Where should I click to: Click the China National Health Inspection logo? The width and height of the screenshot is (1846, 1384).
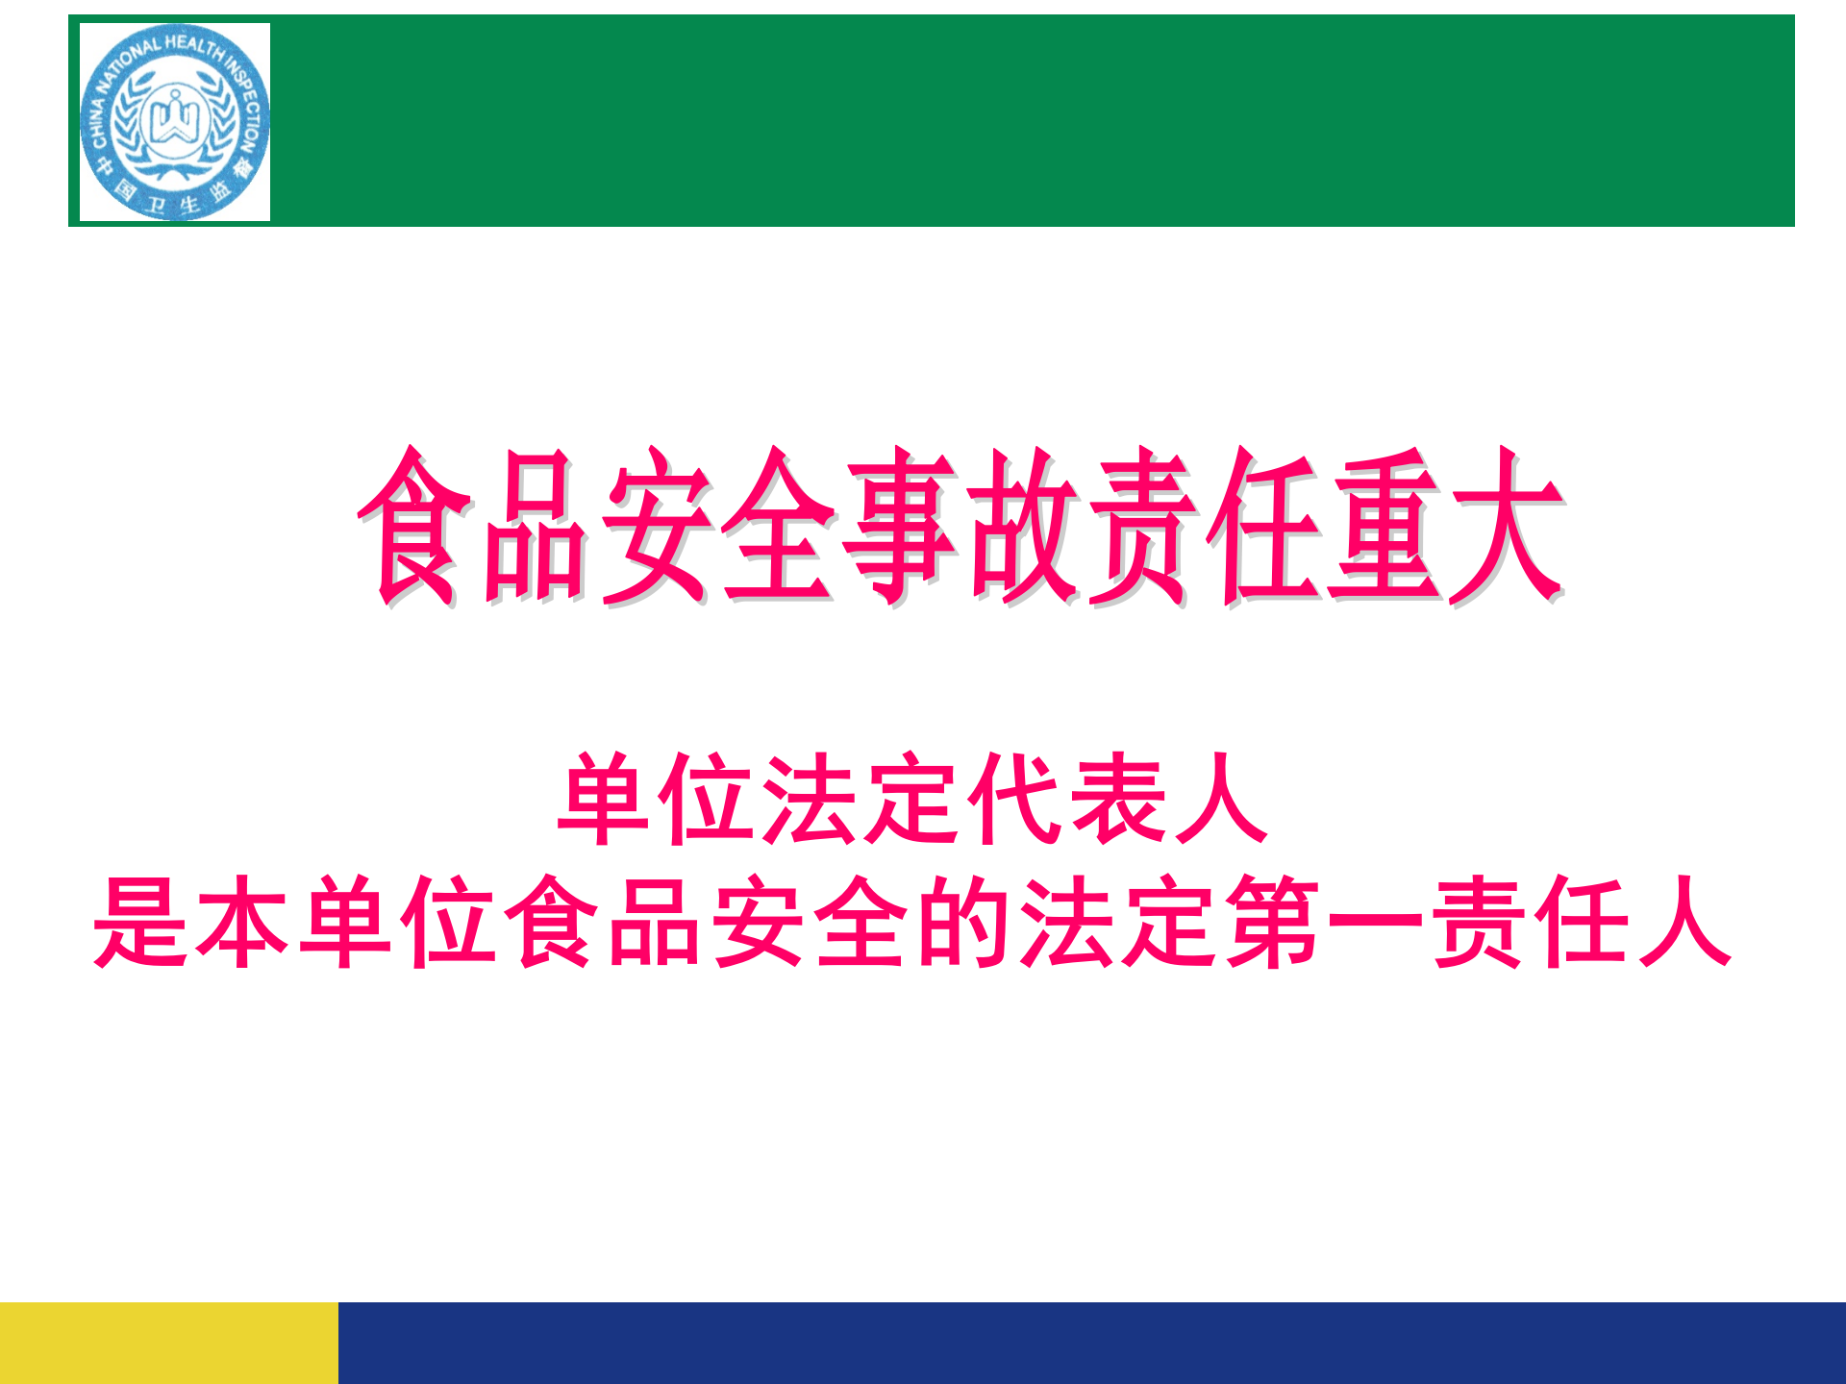[175, 122]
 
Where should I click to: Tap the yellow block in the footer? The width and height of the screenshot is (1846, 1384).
[169, 1343]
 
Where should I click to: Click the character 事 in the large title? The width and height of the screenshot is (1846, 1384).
[901, 526]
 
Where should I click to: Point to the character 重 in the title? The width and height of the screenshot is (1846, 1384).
[1384, 526]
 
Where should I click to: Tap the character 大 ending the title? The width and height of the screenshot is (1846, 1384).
[1506, 526]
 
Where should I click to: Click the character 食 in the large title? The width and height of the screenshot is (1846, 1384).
[415, 526]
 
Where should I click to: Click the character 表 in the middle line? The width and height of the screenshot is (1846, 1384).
[1115, 799]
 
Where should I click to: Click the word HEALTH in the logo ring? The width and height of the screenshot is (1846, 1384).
[193, 44]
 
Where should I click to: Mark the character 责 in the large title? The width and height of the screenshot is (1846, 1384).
[1142, 526]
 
